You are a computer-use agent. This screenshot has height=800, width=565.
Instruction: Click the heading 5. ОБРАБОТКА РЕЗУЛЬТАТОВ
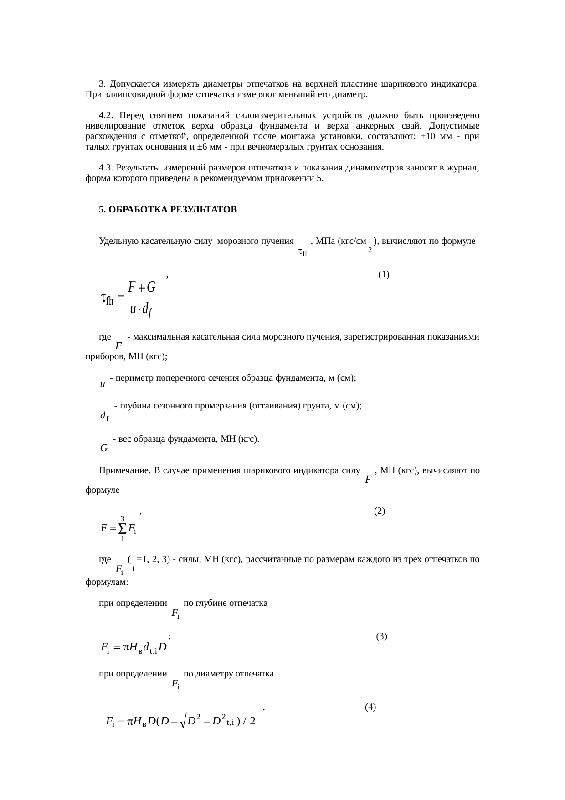[x=168, y=210]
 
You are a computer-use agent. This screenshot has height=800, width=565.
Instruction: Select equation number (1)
[x=384, y=274]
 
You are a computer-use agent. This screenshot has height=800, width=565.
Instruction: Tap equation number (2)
[x=380, y=511]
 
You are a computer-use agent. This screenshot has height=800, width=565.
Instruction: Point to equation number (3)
[x=382, y=636]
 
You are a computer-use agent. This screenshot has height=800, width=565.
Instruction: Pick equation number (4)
[x=370, y=707]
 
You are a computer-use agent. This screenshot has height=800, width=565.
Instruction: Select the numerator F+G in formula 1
[x=142, y=287]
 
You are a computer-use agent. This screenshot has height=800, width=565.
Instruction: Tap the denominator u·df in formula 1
[x=141, y=310]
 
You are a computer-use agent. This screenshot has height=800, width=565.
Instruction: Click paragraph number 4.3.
[x=106, y=168]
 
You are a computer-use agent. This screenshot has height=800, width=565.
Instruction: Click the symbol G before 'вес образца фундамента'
[x=104, y=449]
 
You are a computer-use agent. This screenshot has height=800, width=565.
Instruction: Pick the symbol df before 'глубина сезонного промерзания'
[x=104, y=416]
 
